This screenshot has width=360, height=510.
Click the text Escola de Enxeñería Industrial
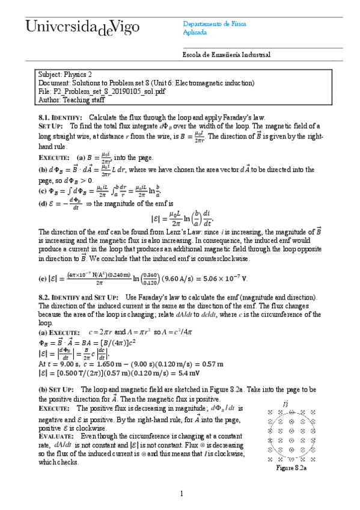coord(226,55)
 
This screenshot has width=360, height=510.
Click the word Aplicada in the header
coord(195,32)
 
